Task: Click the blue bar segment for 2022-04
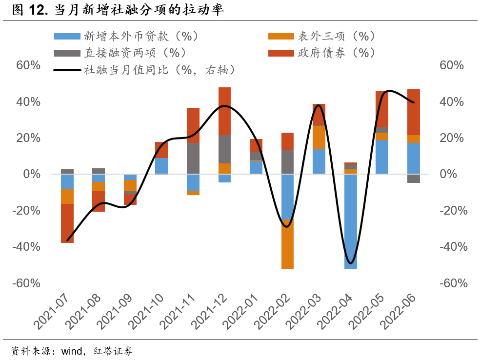350,221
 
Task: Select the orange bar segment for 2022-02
287,243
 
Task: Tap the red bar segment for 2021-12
224,111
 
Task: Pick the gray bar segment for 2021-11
193,159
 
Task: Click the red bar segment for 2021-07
67,223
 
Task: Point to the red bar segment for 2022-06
414,112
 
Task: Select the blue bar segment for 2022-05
382,157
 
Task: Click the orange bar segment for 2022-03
319,137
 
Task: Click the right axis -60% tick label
454,283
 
